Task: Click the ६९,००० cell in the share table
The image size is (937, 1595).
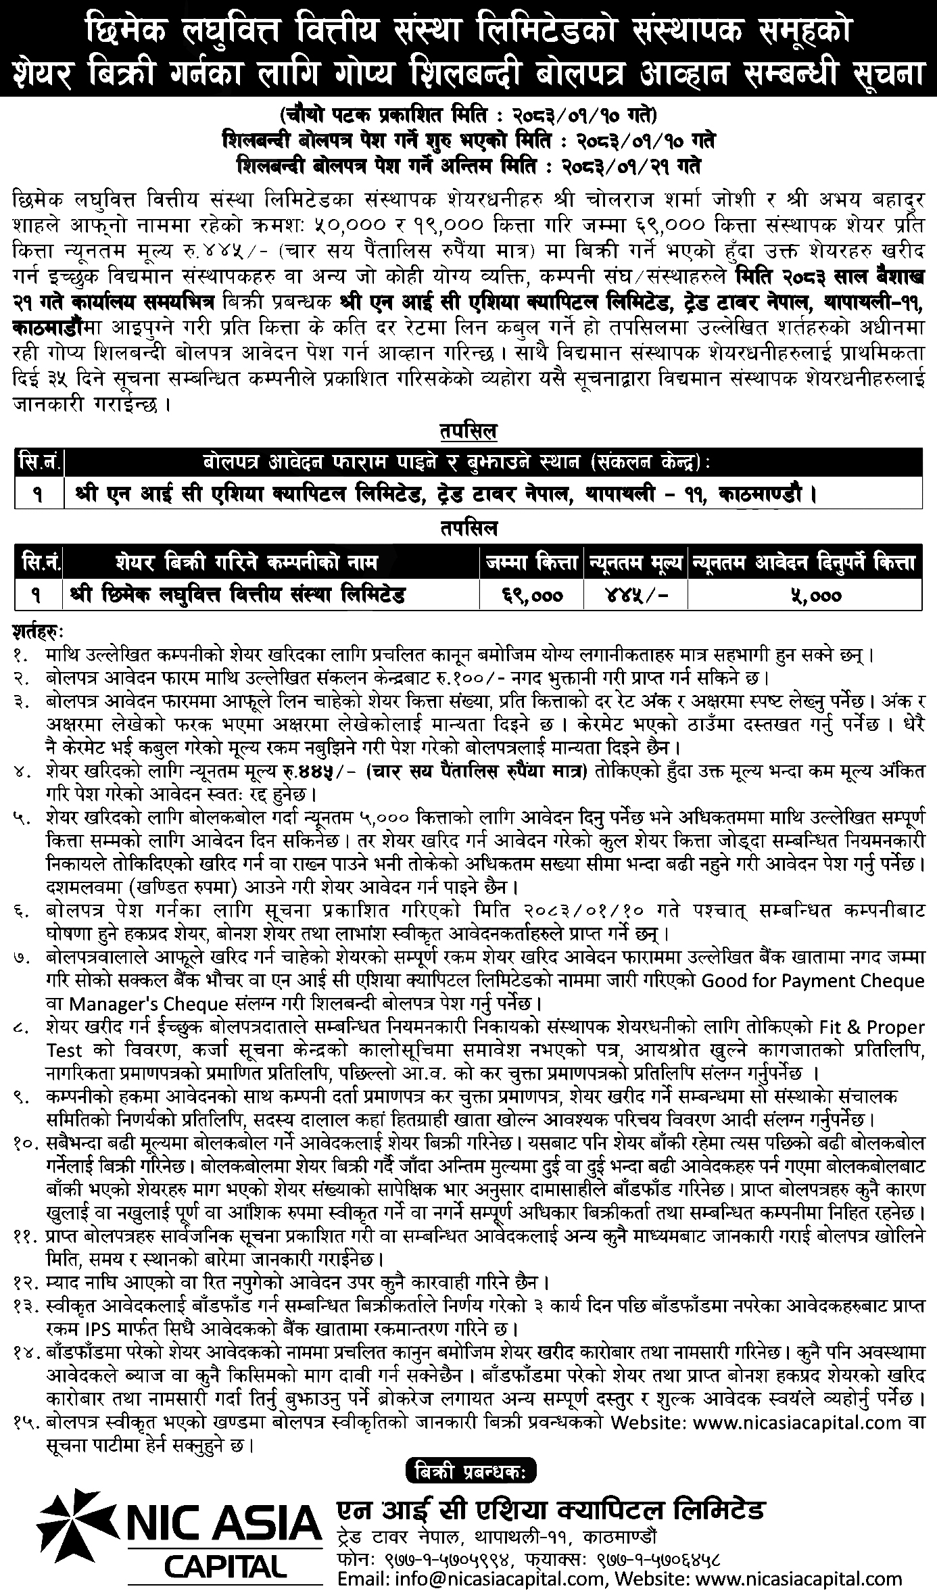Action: (532, 596)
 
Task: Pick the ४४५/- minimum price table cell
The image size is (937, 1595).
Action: (637, 596)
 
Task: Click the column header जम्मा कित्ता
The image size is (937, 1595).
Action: (532, 562)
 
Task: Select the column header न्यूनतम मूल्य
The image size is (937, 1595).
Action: (637, 562)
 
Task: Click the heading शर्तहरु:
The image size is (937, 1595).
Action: (37, 633)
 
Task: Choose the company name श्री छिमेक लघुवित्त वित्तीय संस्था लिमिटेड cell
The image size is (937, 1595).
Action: (237, 596)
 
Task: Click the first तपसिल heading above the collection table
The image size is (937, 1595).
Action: (468, 431)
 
